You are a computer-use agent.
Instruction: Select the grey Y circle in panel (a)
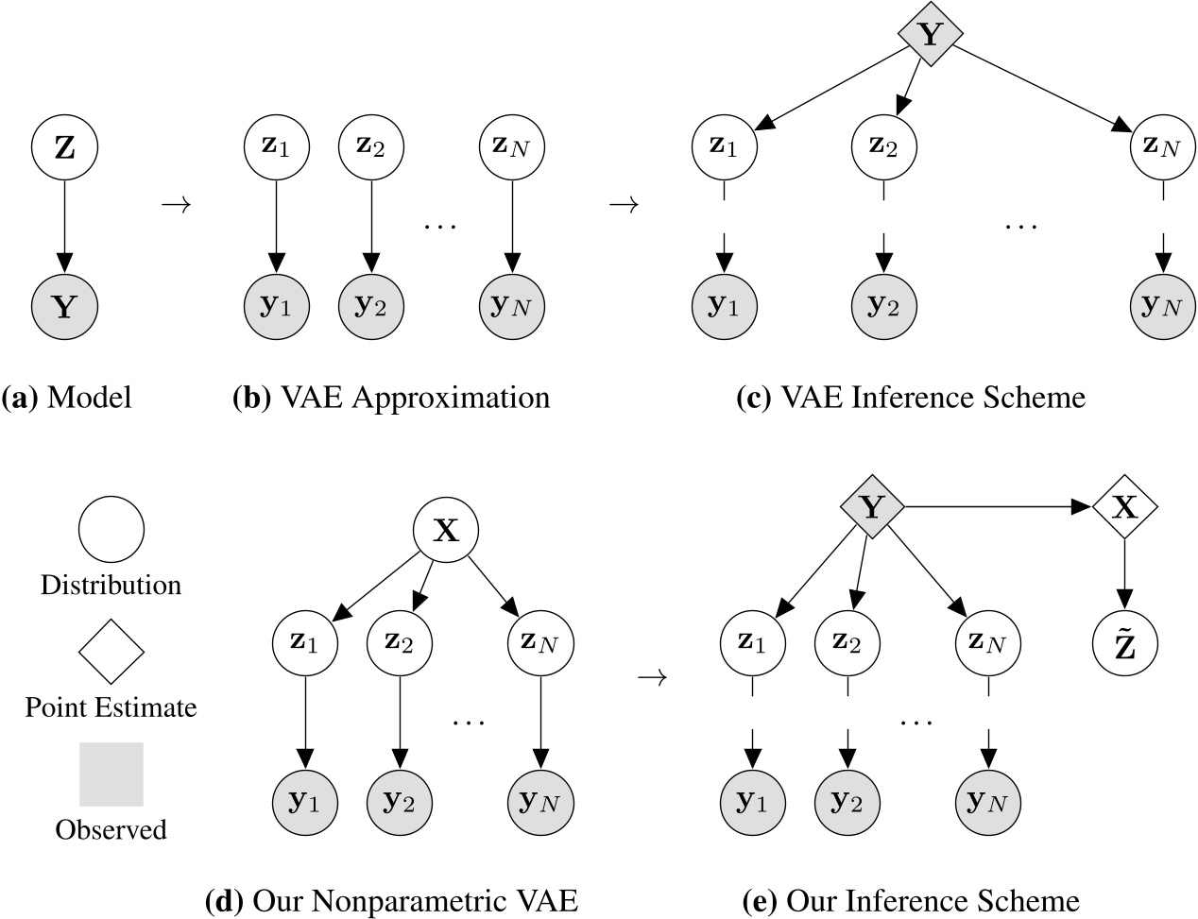pos(64,305)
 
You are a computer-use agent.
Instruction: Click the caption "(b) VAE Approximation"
pos(391,398)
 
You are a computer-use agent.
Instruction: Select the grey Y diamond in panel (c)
pos(930,35)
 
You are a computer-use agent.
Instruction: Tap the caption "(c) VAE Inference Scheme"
pos(911,398)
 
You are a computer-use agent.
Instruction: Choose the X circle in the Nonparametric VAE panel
pos(445,531)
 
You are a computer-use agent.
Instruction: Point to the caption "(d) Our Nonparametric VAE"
pos(391,900)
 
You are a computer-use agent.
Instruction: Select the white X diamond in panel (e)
pos(1124,508)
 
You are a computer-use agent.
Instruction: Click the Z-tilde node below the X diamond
pos(1124,645)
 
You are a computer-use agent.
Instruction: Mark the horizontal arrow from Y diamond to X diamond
pos(997,508)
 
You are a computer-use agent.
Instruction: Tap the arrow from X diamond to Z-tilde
pos(1124,576)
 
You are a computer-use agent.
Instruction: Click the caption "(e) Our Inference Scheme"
pos(911,900)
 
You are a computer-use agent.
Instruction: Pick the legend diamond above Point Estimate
pos(111,652)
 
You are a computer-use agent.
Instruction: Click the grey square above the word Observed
pos(111,774)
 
